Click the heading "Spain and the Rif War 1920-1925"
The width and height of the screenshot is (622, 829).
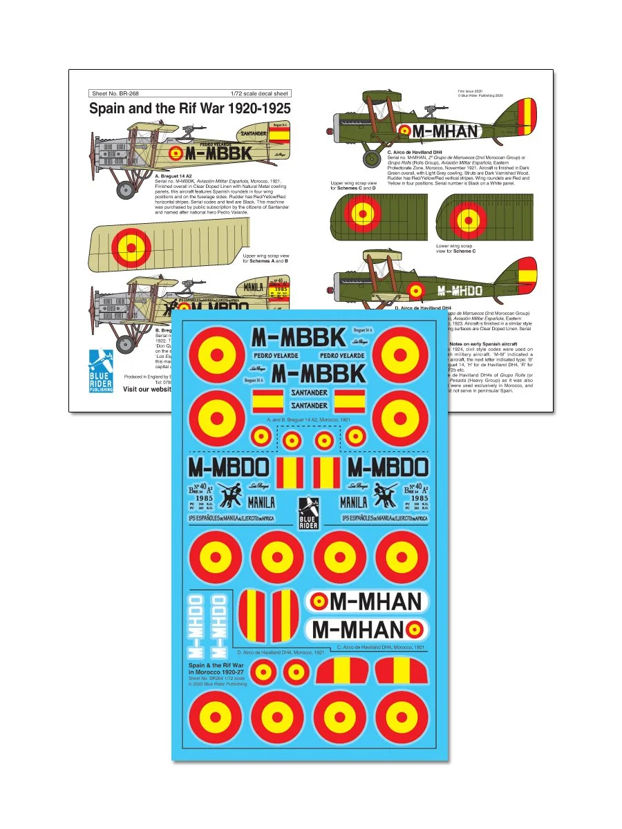pos(189,109)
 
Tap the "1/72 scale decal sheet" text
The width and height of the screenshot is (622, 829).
pos(260,93)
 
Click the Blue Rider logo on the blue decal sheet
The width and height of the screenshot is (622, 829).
pos(309,513)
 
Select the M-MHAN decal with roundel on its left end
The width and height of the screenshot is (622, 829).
pos(366,602)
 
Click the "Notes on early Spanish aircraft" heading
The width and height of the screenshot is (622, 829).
pos(487,343)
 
